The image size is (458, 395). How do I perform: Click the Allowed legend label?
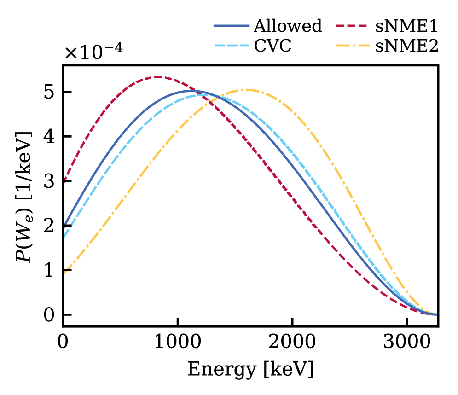[x=288, y=26]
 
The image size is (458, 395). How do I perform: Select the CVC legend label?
[x=272, y=46]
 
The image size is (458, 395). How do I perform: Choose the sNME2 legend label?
[x=406, y=46]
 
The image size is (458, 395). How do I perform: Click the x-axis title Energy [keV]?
[x=250, y=369]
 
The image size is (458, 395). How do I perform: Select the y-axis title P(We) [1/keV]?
[x=24, y=197]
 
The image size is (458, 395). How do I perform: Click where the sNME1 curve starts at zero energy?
[x=64, y=181]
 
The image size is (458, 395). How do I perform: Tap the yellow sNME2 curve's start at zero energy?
[x=64, y=273]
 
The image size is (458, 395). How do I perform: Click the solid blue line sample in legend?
[x=232, y=26]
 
